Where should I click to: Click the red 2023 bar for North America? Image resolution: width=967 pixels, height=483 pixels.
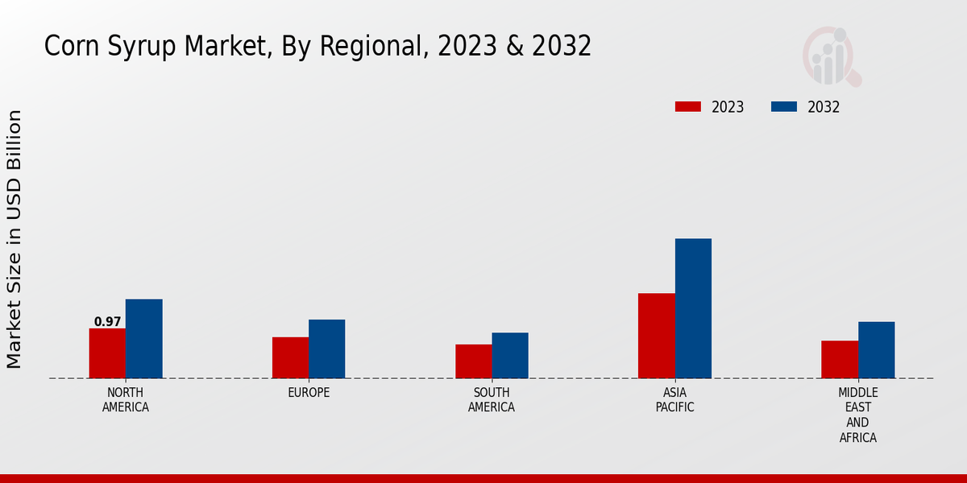pyautogui.click(x=107, y=353)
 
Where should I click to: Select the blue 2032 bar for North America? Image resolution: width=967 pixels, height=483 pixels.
pyautogui.click(x=143, y=339)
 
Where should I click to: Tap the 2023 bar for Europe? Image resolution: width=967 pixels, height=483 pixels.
pyautogui.click(x=290, y=357)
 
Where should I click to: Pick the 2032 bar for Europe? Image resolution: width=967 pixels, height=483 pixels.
pyautogui.click(x=326, y=349)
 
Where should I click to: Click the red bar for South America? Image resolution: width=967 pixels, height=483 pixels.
pyautogui.click(x=473, y=361)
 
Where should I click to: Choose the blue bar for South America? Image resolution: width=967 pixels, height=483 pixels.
pyautogui.click(x=510, y=355)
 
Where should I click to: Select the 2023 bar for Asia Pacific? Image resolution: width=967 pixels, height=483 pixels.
pyautogui.click(x=656, y=336)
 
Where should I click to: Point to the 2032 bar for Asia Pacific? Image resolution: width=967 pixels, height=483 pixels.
pyautogui.click(x=693, y=308)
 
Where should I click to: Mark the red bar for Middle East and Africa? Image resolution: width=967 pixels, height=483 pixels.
pyautogui.click(x=840, y=359)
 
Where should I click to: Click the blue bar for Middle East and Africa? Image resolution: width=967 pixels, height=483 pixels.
pyautogui.click(x=876, y=350)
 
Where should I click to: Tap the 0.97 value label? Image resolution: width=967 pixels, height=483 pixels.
pyautogui.click(x=107, y=322)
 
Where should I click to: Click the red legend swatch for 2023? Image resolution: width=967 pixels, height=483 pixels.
pyautogui.click(x=688, y=107)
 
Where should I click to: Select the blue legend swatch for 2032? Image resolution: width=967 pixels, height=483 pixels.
pyautogui.click(x=784, y=107)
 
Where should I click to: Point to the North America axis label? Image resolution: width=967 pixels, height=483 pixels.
pyautogui.click(x=126, y=400)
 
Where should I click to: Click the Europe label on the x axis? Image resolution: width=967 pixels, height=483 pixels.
pyautogui.click(x=309, y=393)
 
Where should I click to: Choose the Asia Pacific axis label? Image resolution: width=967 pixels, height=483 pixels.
pyautogui.click(x=674, y=400)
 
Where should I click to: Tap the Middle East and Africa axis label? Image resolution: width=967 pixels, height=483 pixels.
pyautogui.click(x=857, y=415)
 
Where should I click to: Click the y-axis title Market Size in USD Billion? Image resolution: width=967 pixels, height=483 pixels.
pyautogui.click(x=15, y=239)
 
